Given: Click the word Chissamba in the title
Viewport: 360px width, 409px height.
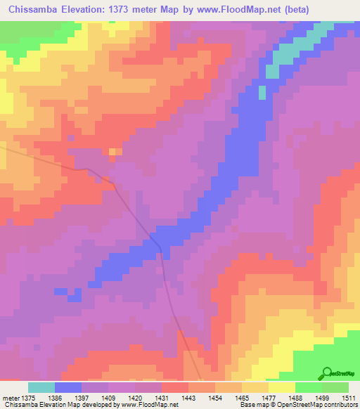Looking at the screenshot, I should click(x=34, y=9).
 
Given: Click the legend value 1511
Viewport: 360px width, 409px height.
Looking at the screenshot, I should click(x=348, y=397).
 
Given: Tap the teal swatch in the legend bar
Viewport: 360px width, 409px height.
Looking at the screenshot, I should click(x=41, y=387).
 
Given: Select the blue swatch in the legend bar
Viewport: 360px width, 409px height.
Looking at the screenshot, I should click(x=68, y=387).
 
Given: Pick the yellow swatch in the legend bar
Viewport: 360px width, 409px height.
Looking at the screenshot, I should click(x=282, y=387).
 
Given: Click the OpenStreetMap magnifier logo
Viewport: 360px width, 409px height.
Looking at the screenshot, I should click(x=326, y=373).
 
